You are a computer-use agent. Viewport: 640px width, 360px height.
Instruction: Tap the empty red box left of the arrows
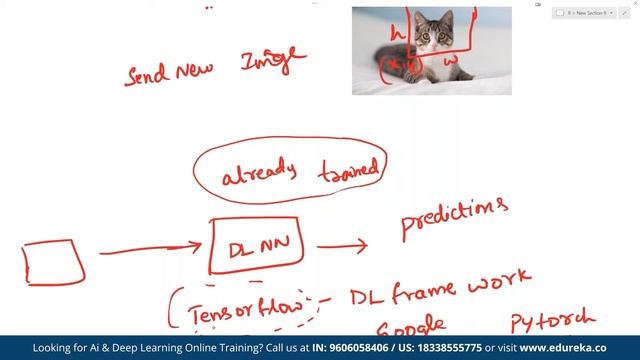(53, 263)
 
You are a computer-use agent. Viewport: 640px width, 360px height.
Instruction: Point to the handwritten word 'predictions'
(453, 219)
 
